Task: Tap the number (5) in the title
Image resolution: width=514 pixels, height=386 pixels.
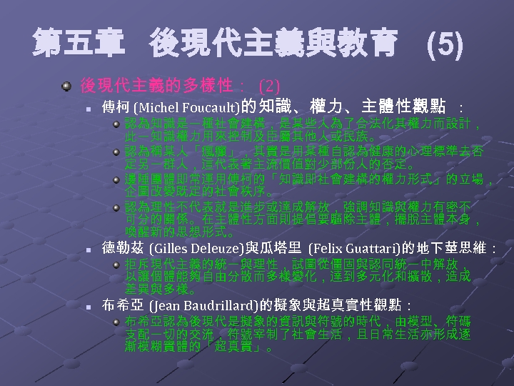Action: click(x=444, y=46)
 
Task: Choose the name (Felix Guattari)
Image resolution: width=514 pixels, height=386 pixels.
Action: click(x=353, y=249)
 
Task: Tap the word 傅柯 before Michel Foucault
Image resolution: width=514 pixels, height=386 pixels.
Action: click(x=115, y=107)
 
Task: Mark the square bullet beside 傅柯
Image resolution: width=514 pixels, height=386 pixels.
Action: click(x=87, y=109)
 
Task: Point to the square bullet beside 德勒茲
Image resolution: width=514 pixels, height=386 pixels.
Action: click(x=87, y=251)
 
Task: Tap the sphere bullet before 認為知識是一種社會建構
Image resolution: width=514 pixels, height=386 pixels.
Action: click(x=118, y=124)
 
